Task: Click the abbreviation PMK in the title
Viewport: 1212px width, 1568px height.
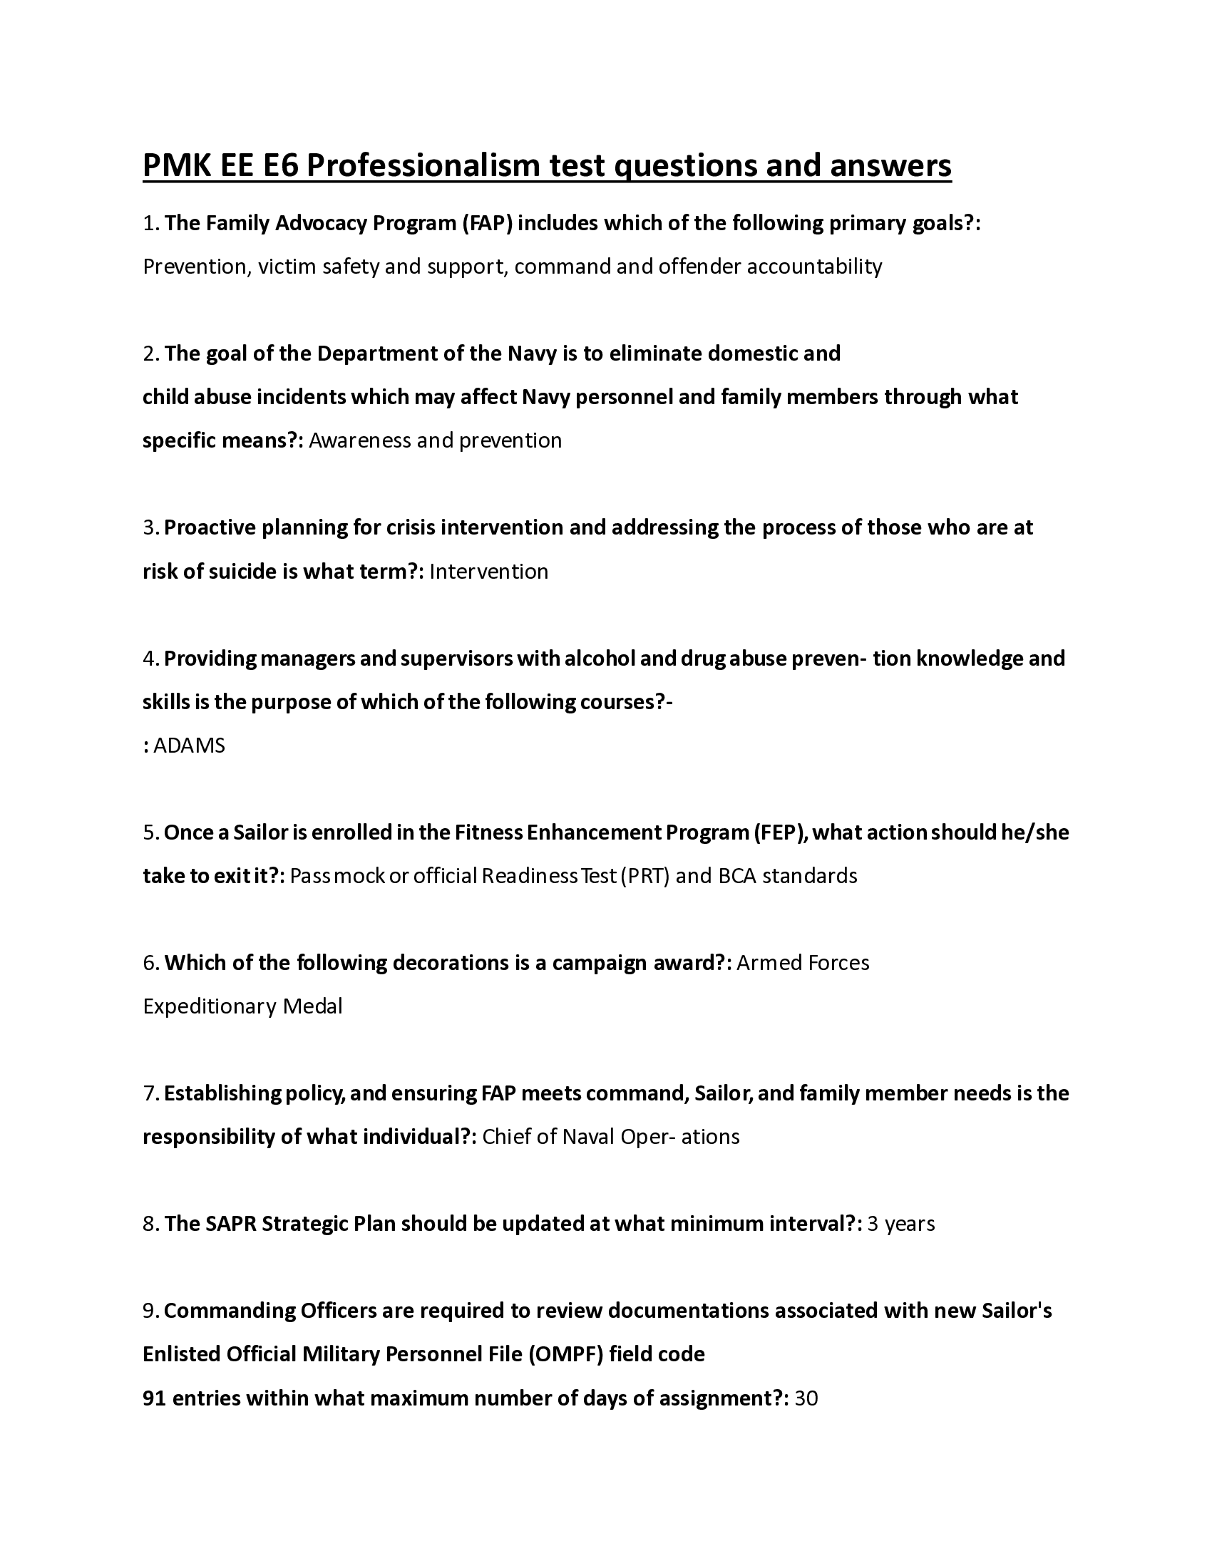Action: [176, 166]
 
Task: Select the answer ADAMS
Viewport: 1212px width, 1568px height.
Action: [189, 746]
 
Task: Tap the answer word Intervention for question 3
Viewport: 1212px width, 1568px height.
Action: [488, 572]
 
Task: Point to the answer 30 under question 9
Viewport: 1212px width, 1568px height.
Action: [806, 1398]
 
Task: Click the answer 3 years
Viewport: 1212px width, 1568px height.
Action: [900, 1224]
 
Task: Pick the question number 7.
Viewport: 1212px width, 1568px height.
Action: [150, 1093]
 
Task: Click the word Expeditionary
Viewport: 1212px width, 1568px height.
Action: [210, 1006]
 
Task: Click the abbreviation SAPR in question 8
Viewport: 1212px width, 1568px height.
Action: [230, 1224]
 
